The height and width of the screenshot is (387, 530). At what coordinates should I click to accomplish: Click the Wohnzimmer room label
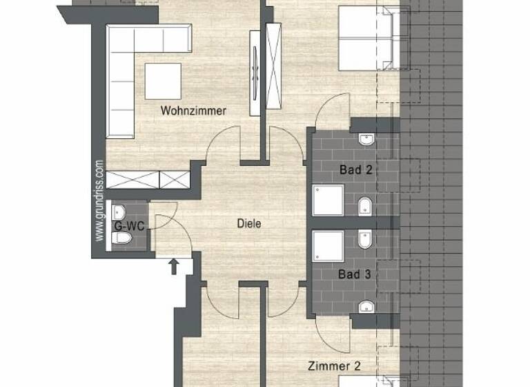(x=193, y=111)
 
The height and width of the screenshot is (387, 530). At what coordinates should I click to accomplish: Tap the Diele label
(x=249, y=224)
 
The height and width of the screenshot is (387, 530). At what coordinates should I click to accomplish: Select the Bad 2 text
(x=356, y=169)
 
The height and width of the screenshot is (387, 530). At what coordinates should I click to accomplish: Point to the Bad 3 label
(x=355, y=274)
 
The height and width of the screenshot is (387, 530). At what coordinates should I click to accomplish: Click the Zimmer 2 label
(x=334, y=366)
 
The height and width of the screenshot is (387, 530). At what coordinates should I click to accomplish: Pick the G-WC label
(x=128, y=225)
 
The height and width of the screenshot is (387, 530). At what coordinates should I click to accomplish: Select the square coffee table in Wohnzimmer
(x=163, y=82)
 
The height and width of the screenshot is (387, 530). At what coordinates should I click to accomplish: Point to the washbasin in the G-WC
(x=119, y=210)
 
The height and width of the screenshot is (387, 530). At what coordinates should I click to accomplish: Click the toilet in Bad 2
(x=365, y=205)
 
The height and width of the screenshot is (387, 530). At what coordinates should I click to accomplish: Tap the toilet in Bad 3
(x=365, y=240)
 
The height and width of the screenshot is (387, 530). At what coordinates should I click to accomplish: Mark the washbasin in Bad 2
(x=366, y=141)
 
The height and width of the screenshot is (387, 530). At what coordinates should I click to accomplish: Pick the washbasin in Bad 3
(x=366, y=306)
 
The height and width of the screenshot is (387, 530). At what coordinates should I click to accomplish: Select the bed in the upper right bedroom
(x=366, y=38)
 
